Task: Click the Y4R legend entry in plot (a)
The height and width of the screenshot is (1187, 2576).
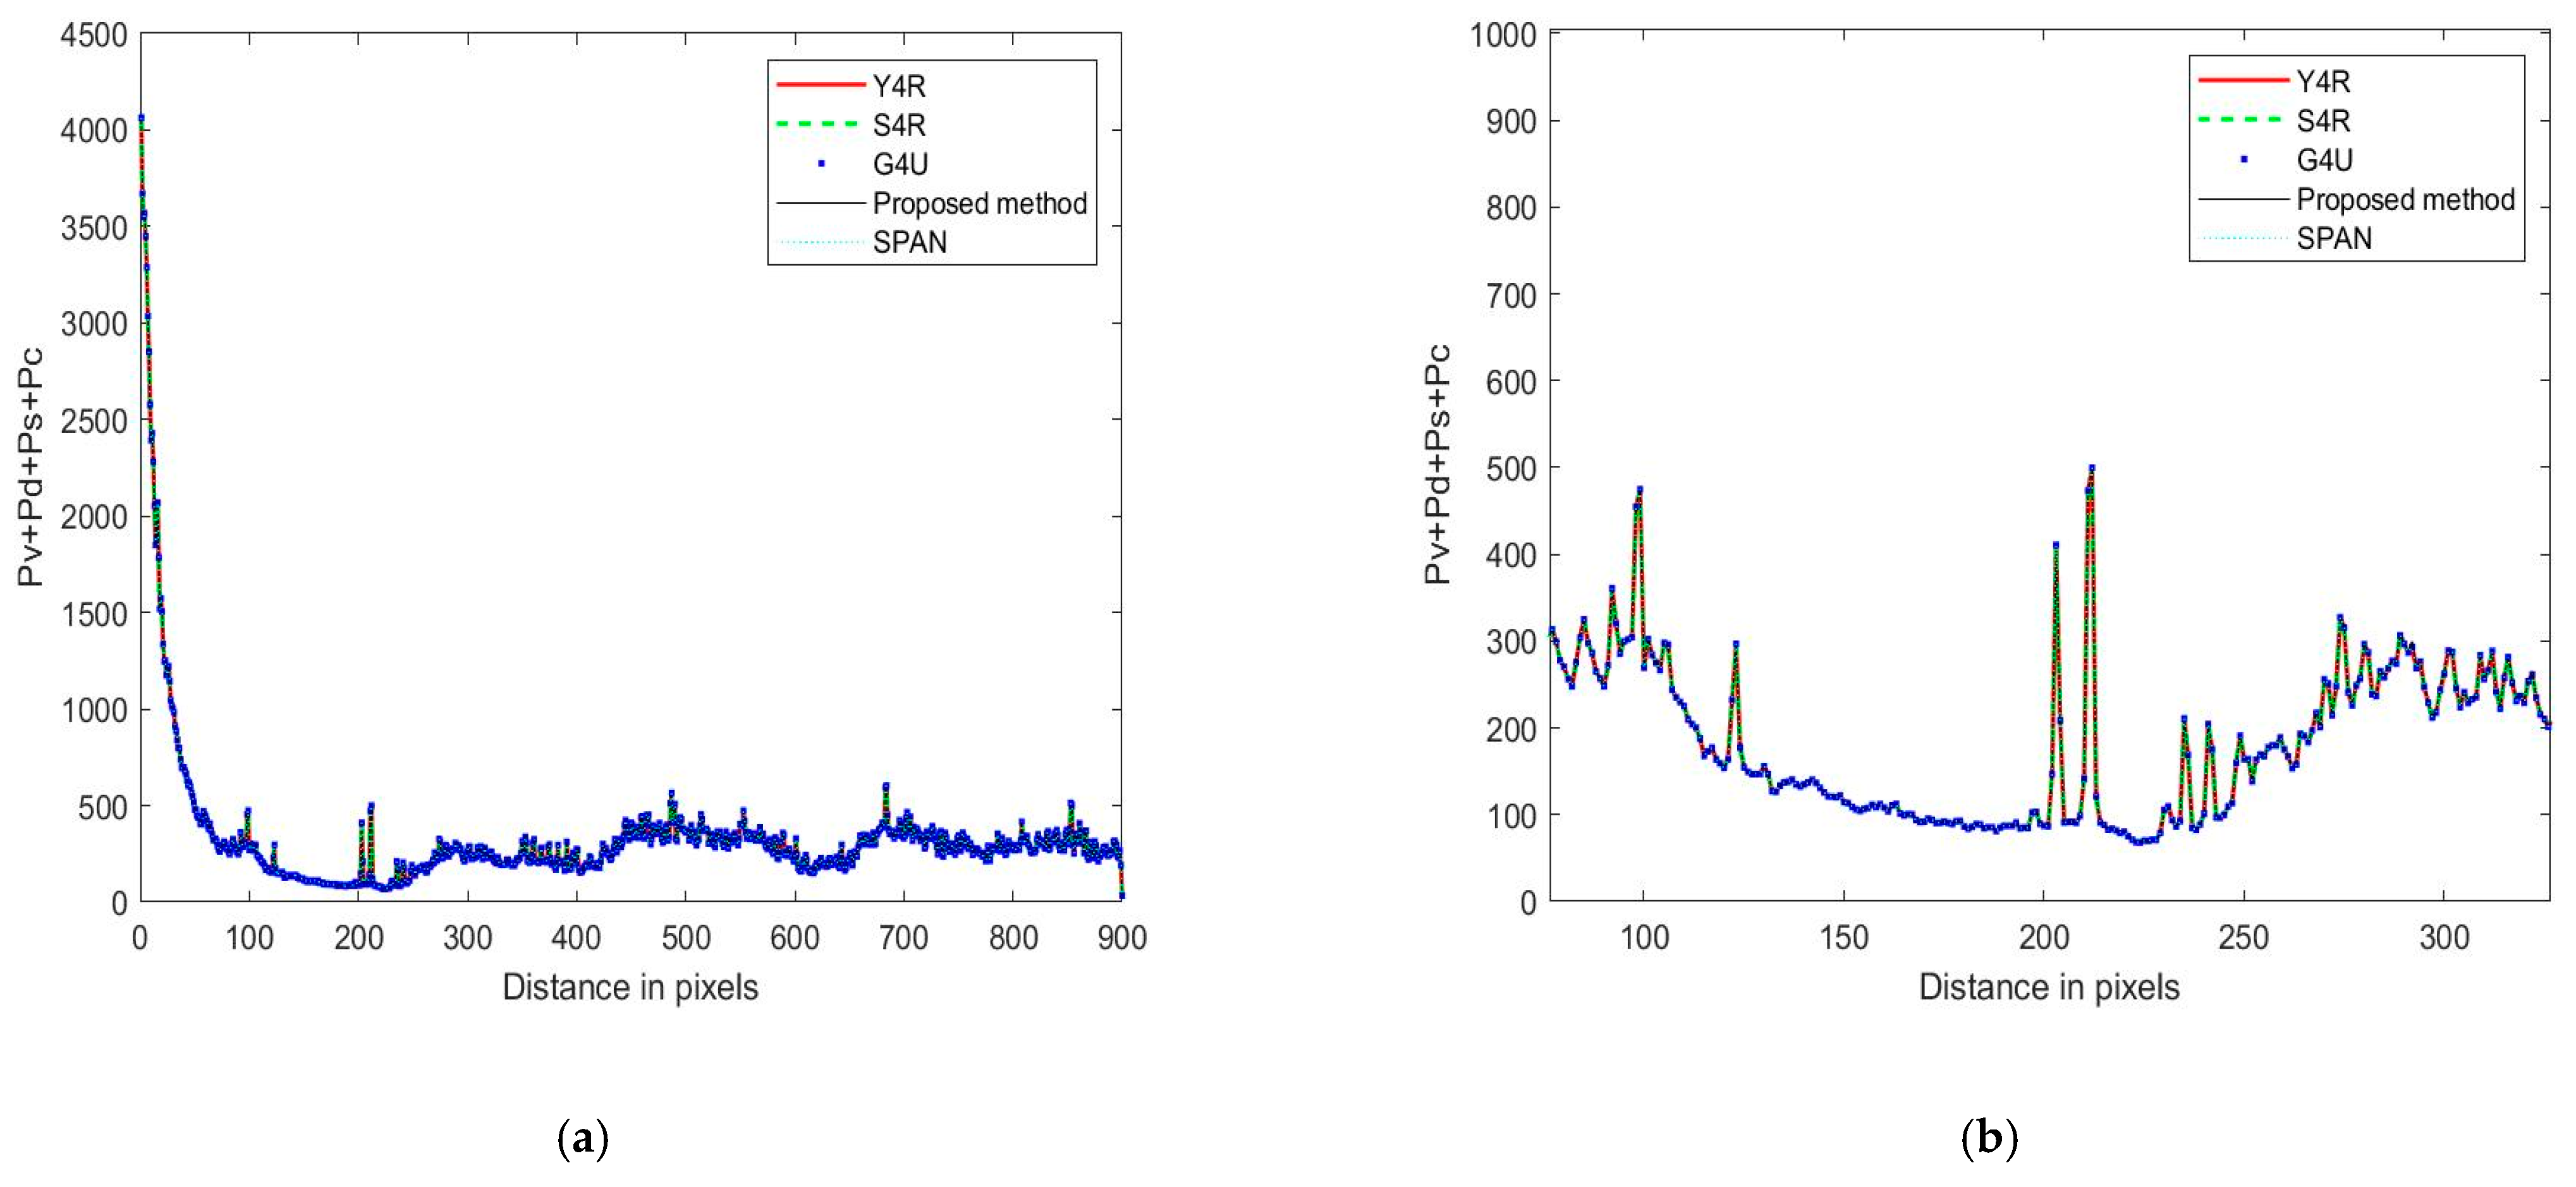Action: pos(898,86)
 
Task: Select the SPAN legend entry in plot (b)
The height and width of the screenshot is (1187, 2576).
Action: pos(2333,239)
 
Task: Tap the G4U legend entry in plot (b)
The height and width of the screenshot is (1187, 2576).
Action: pos(2324,160)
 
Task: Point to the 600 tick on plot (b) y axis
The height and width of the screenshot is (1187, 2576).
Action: pos(1510,381)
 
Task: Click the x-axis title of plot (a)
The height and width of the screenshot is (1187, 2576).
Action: pos(630,987)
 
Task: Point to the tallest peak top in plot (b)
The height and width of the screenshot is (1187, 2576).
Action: pos(2091,467)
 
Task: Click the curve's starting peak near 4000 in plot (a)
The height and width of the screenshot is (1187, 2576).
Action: pos(141,118)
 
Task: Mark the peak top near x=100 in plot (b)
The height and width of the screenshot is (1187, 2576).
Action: pos(1639,489)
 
